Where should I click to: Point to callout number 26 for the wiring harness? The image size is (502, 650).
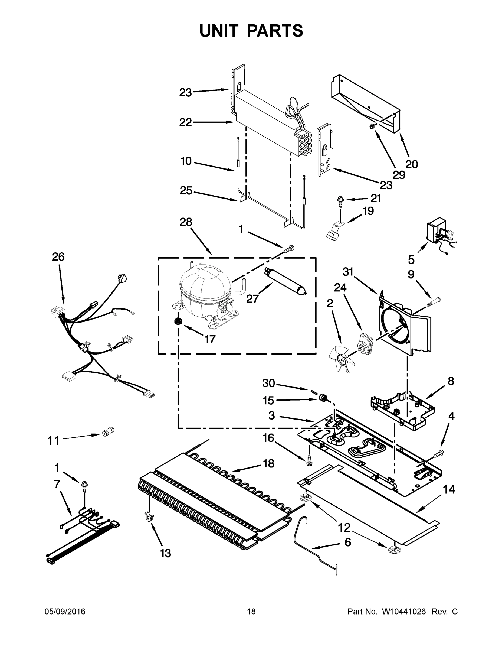pyautogui.click(x=58, y=257)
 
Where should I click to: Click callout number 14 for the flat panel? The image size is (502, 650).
pyautogui.click(x=449, y=489)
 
